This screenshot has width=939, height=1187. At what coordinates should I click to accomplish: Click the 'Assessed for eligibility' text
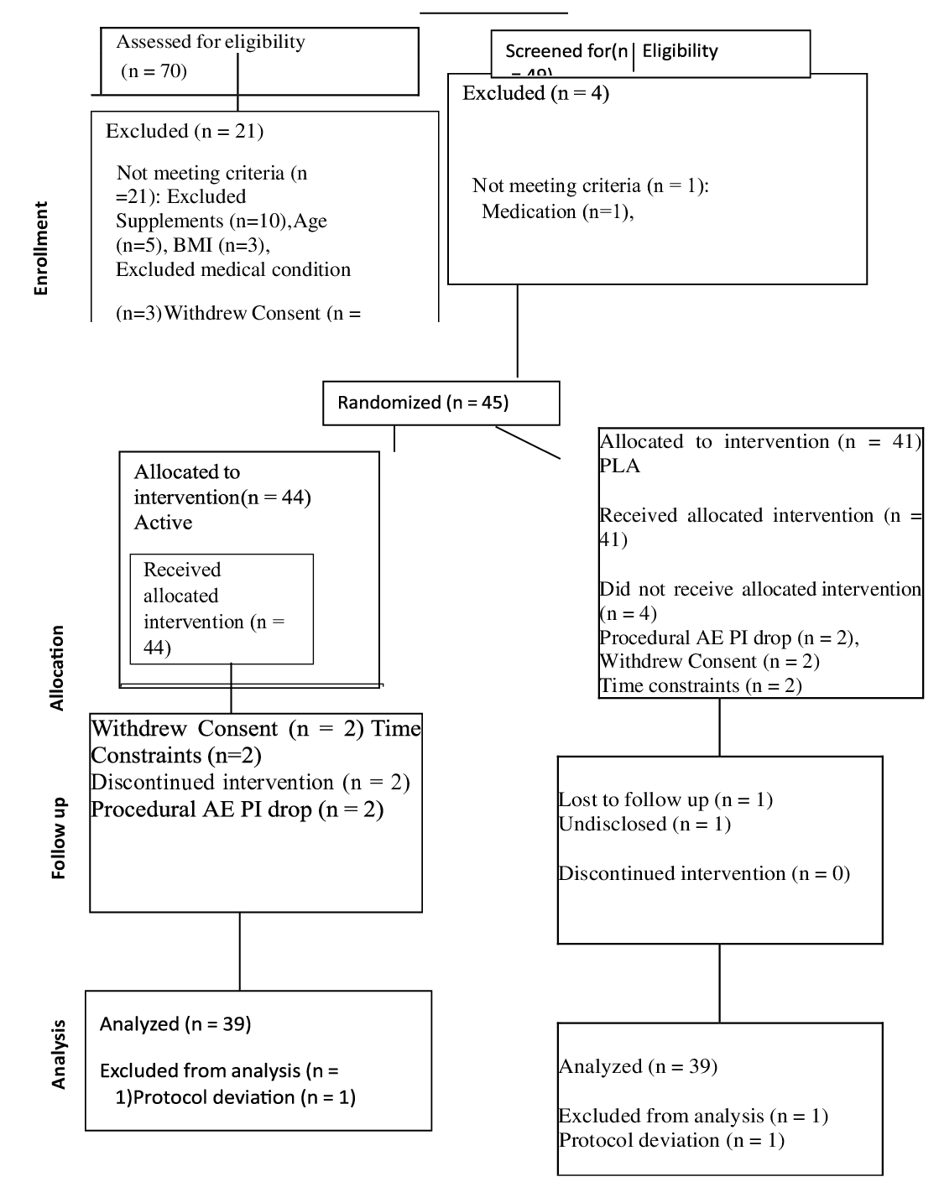211,42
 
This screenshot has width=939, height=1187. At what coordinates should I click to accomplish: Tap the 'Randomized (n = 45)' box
441,403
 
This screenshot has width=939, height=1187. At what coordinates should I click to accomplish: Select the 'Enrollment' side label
41,248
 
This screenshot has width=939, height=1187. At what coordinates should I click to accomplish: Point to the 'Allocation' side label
57,668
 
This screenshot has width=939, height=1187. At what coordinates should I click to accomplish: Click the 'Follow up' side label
58,838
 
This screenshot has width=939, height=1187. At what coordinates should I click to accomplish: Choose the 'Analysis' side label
58,1054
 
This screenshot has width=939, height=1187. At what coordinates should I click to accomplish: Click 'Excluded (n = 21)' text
185,131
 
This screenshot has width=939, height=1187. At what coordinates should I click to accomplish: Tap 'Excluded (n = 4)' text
535,93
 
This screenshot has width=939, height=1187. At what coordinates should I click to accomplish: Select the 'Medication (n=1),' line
557,211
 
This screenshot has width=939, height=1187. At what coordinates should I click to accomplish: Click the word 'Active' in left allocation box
163,523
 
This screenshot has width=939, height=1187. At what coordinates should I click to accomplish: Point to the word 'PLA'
619,466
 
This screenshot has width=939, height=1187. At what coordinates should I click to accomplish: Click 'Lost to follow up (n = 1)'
665,799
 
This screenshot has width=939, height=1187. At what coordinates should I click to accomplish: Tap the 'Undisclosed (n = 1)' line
644,824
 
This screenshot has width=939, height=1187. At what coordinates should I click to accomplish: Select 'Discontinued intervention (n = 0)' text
704,873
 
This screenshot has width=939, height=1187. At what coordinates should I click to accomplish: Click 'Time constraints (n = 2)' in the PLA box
701,685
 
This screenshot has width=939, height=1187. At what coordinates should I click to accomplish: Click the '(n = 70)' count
154,70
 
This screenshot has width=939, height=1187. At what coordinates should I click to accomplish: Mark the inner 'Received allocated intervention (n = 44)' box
222,609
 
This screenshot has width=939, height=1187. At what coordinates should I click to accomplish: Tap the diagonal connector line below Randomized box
528,443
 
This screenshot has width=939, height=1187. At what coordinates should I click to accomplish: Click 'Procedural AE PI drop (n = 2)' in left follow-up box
237,810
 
